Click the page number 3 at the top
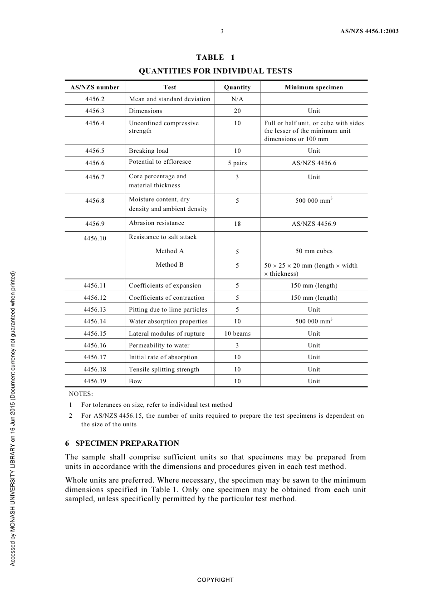222,31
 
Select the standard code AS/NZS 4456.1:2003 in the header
369,31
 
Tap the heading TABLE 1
215,57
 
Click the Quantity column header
237,87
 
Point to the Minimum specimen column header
313,87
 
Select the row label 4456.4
95,123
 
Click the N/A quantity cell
237,99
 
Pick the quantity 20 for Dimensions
237,111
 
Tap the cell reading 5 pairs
237,163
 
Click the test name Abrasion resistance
157,223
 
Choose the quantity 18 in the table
237,224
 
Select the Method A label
169,251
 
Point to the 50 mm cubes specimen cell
313,251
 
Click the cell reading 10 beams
237,333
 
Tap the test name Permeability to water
159,345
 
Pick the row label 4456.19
95,381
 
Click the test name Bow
135,381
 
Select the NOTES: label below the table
81,394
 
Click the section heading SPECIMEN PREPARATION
127,443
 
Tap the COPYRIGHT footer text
215,580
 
